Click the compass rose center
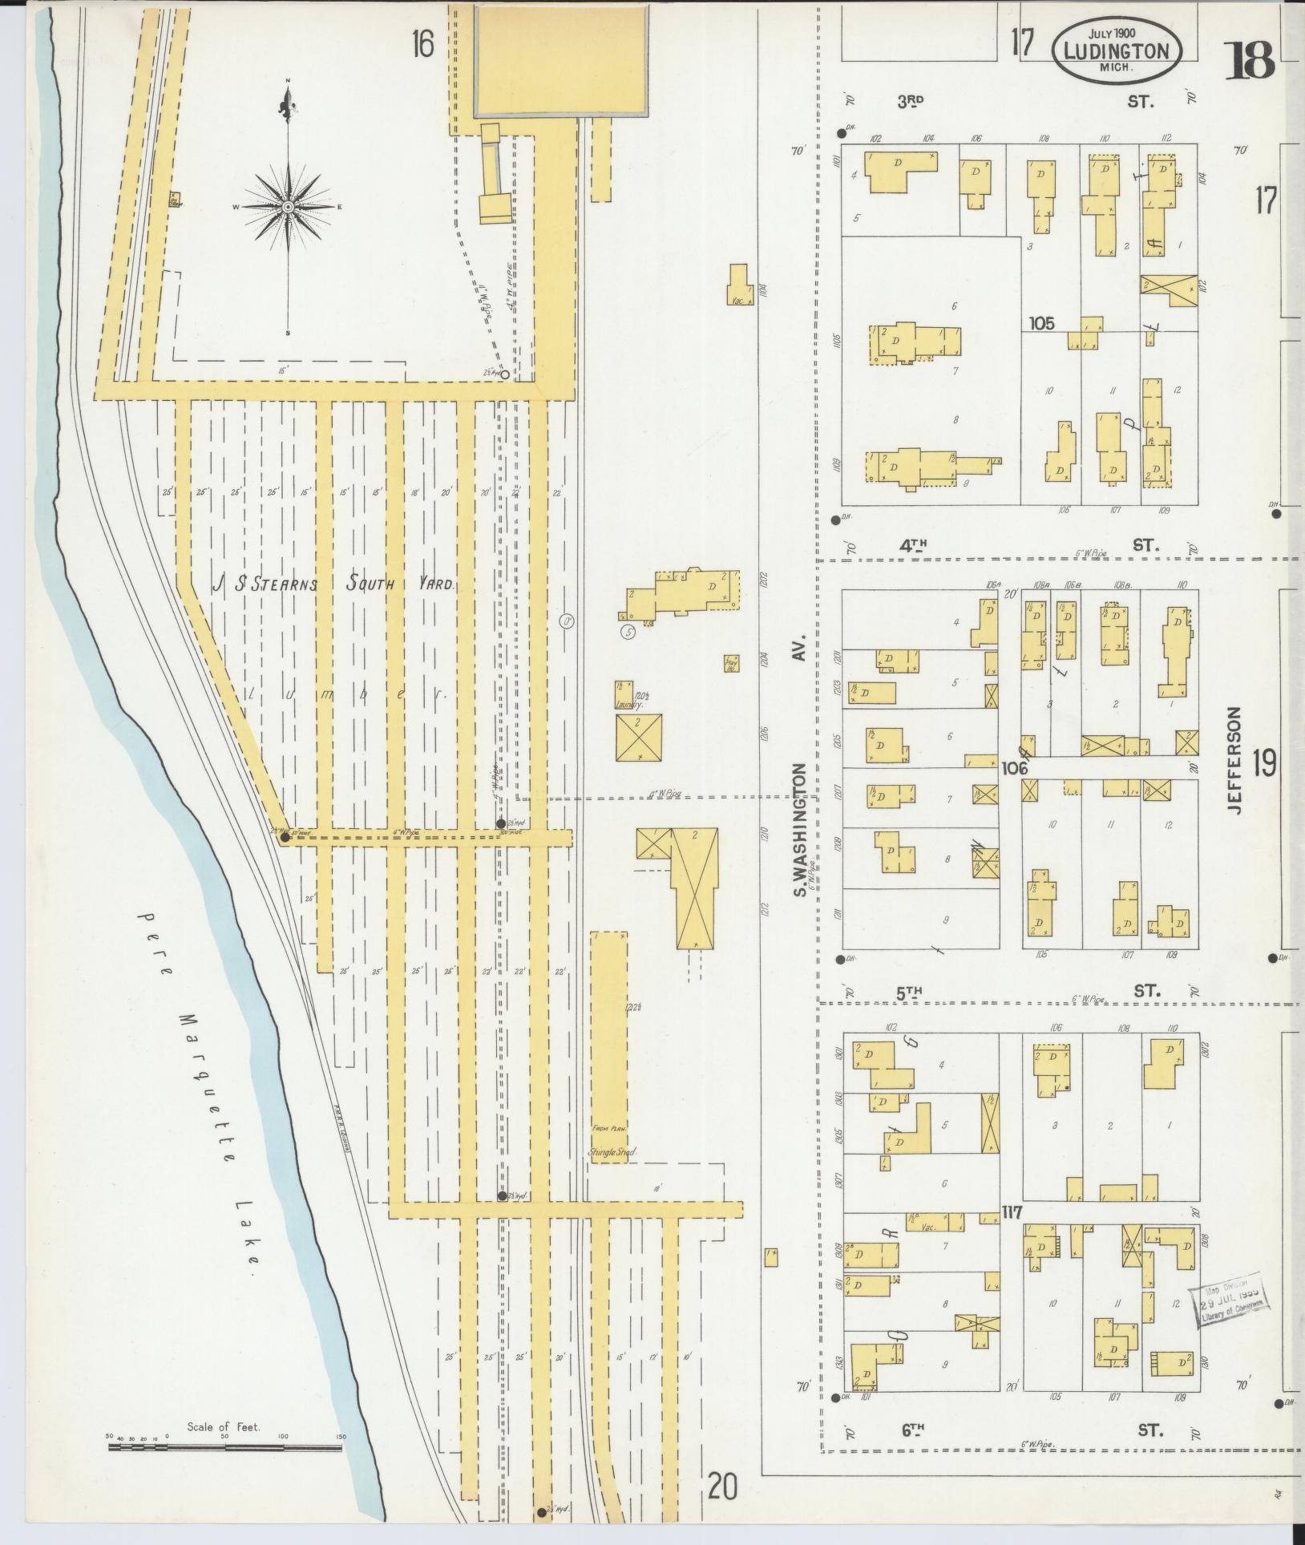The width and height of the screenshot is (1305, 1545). [287, 207]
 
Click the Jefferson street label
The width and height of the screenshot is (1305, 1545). [1234, 760]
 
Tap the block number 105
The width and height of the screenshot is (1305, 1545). [1042, 324]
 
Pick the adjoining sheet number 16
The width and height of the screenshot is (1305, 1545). [422, 46]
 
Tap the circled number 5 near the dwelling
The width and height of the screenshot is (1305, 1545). [628, 633]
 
